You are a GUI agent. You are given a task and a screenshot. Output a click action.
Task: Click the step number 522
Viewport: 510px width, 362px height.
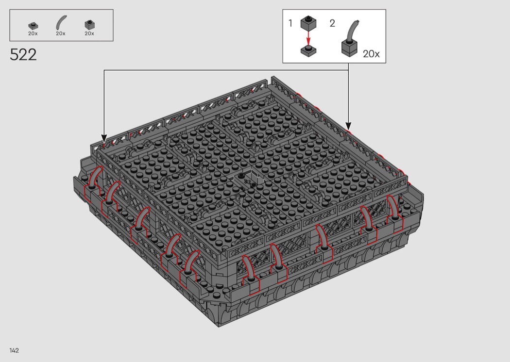point(23,55)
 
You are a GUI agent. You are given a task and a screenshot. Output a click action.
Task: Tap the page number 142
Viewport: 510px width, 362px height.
point(14,350)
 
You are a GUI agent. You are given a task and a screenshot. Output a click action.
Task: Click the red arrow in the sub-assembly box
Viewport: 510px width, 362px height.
point(308,38)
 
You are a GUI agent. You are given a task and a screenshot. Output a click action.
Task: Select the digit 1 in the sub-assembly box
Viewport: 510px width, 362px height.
point(290,23)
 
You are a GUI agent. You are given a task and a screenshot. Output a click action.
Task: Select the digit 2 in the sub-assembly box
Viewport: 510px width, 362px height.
point(332,23)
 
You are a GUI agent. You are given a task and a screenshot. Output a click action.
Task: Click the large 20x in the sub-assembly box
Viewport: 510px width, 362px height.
point(371,53)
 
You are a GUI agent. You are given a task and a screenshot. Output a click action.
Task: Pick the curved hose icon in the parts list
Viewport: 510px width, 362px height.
point(61,23)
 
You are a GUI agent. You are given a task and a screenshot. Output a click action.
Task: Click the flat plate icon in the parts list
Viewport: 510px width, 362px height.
point(33,26)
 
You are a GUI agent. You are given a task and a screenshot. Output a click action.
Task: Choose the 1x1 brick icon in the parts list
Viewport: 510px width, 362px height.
point(89,25)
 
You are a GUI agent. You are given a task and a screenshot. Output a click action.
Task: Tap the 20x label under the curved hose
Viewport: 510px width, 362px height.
point(61,33)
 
